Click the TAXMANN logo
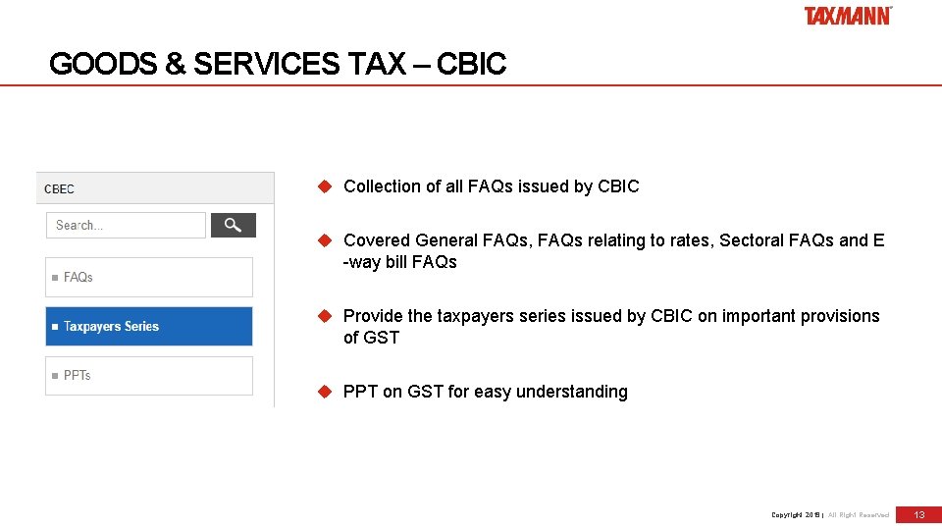click(x=848, y=16)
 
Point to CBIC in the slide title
click(x=471, y=65)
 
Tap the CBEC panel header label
click(x=59, y=188)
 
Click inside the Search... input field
click(x=126, y=226)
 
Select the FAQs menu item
click(x=149, y=278)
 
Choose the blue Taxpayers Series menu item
click(x=149, y=327)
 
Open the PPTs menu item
click(x=149, y=376)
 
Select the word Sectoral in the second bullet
click(x=751, y=240)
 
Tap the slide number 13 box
click(x=919, y=514)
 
